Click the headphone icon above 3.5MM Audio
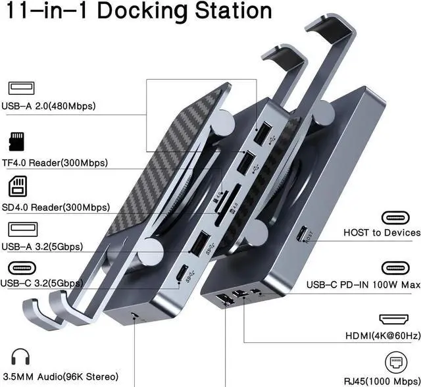coord(20,357)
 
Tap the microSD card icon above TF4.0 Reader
coord(16,142)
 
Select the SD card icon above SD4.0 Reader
coord(18,186)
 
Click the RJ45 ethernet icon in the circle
coord(396,362)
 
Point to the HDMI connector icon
coord(393,319)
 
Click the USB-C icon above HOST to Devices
coord(395,218)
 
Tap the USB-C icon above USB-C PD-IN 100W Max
coord(395,268)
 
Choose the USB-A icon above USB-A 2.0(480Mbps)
coord(22,88)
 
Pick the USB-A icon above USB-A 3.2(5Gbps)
coord(23,229)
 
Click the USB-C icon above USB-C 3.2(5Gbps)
coord(22,268)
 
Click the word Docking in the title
coord(142,11)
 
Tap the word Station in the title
coord(234,11)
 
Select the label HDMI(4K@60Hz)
coord(383,336)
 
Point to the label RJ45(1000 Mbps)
coord(382,381)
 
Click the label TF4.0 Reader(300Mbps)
coord(55,163)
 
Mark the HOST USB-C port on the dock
coord(303,234)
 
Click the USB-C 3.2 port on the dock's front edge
coord(184,273)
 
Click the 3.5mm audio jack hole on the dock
coord(134,315)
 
